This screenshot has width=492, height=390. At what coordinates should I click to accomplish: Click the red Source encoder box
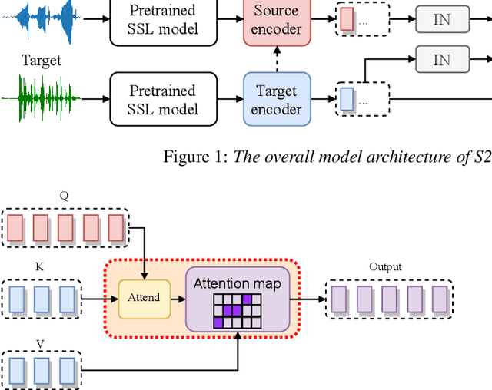(x=276, y=20)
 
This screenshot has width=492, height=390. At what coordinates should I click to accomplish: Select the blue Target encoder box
(x=276, y=98)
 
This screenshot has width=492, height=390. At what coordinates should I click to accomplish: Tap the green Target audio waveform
(x=40, y=97)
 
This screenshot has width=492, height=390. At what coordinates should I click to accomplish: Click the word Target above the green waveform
(x=40, y=60)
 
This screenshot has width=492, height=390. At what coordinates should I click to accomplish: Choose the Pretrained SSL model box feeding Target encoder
(x=162, y=98)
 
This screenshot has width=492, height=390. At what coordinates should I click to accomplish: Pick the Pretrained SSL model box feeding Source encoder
(x=162, y=20)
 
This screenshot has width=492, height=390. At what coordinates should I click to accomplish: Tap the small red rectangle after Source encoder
(x=347, y=18)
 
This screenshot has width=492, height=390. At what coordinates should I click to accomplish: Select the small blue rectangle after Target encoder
(x=347, y=99)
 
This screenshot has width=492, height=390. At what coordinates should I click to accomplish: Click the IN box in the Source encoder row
(x=441, y=20)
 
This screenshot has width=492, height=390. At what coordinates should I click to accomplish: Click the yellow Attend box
(x=144, y=297)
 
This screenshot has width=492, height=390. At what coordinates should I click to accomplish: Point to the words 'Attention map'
(x=237, y=283)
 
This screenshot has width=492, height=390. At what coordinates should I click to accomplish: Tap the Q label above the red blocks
(x=65, y=196)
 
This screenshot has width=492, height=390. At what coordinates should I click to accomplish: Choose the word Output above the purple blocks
(x=385, y=267)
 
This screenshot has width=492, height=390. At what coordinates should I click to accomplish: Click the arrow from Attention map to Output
(x=310, y=298)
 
